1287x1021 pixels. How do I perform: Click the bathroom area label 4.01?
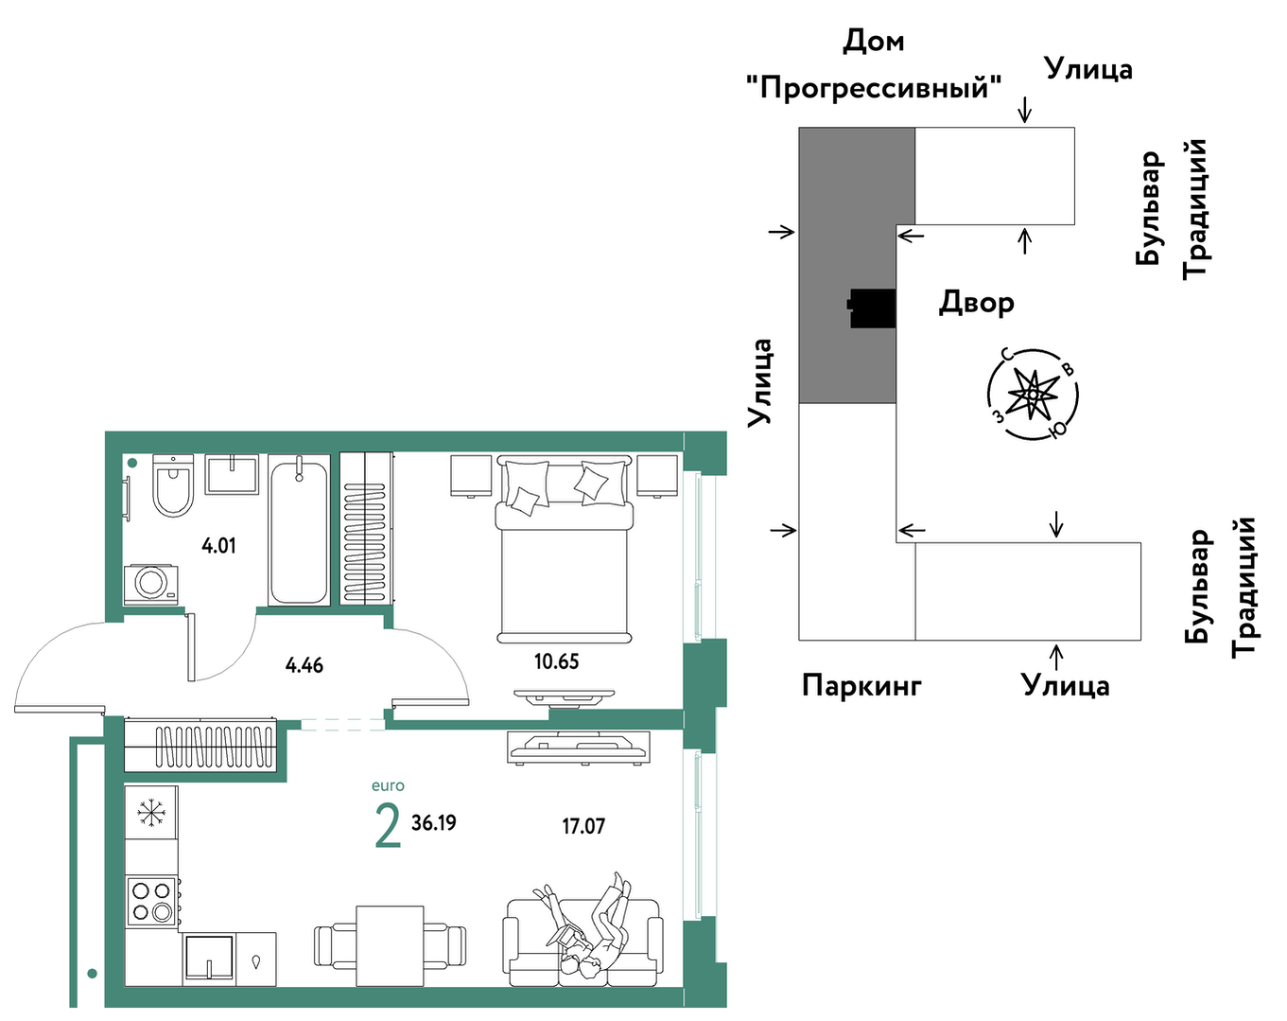(218, 546)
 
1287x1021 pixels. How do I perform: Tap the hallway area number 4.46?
(304, 665)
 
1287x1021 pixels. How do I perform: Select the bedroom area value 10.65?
(557, 661)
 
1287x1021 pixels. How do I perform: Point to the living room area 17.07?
(583, 826)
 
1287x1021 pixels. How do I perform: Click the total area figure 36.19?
(434, 823)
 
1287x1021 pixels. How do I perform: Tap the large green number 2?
(388, 826)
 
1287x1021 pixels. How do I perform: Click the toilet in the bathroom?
(173, 484)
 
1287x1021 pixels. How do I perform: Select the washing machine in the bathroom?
(150, 584)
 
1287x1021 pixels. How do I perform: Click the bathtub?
(299, 530)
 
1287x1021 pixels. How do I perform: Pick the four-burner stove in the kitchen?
(151, 902)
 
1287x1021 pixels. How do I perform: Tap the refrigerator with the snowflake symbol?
(151, 812)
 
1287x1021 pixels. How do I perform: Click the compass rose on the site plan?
(1033, 395)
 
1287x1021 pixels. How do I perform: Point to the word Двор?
(976, 303)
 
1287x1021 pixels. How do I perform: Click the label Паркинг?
(861, 686)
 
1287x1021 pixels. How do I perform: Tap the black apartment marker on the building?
(872, 308)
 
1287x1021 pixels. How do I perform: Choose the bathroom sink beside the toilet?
(232, 474)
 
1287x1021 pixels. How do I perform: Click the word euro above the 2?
(388, 785)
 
